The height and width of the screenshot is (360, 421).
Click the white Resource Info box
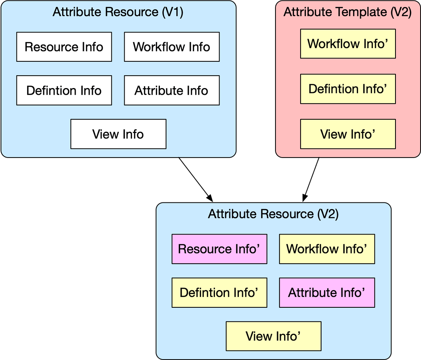click(x=64, y=47)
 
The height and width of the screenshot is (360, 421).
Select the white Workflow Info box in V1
click(x=171, y=47)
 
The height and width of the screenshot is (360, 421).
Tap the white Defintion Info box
click(x=64, y=90)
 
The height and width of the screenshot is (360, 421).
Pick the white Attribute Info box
click(x=171, y=90)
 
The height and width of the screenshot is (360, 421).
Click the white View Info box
click(x=118, y=134)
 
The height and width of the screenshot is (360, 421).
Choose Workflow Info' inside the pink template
click(x=348, y=44)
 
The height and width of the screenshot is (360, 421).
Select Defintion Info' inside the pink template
click(x=348, y=89)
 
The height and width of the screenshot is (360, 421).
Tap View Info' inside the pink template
click(x=348, y=134)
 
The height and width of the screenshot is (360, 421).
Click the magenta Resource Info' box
click(x=219, y=249)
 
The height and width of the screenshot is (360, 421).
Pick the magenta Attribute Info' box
click(x=327, y=293)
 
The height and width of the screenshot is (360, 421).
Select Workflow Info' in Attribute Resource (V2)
click(x=327, y=249)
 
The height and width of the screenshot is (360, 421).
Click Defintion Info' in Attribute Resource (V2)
click(x=219, y=293)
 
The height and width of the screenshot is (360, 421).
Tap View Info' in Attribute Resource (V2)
click(x=273, y=336)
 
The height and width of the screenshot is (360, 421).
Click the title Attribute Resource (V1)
click(x=118, y=12)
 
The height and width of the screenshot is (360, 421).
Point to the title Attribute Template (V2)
click(x=348, y=12)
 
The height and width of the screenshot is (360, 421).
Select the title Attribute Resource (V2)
click(x=273, y=214)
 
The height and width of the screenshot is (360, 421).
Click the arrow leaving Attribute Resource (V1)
click(x=196, y=179)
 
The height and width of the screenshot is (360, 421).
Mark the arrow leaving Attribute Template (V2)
click(x=311, y=179)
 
